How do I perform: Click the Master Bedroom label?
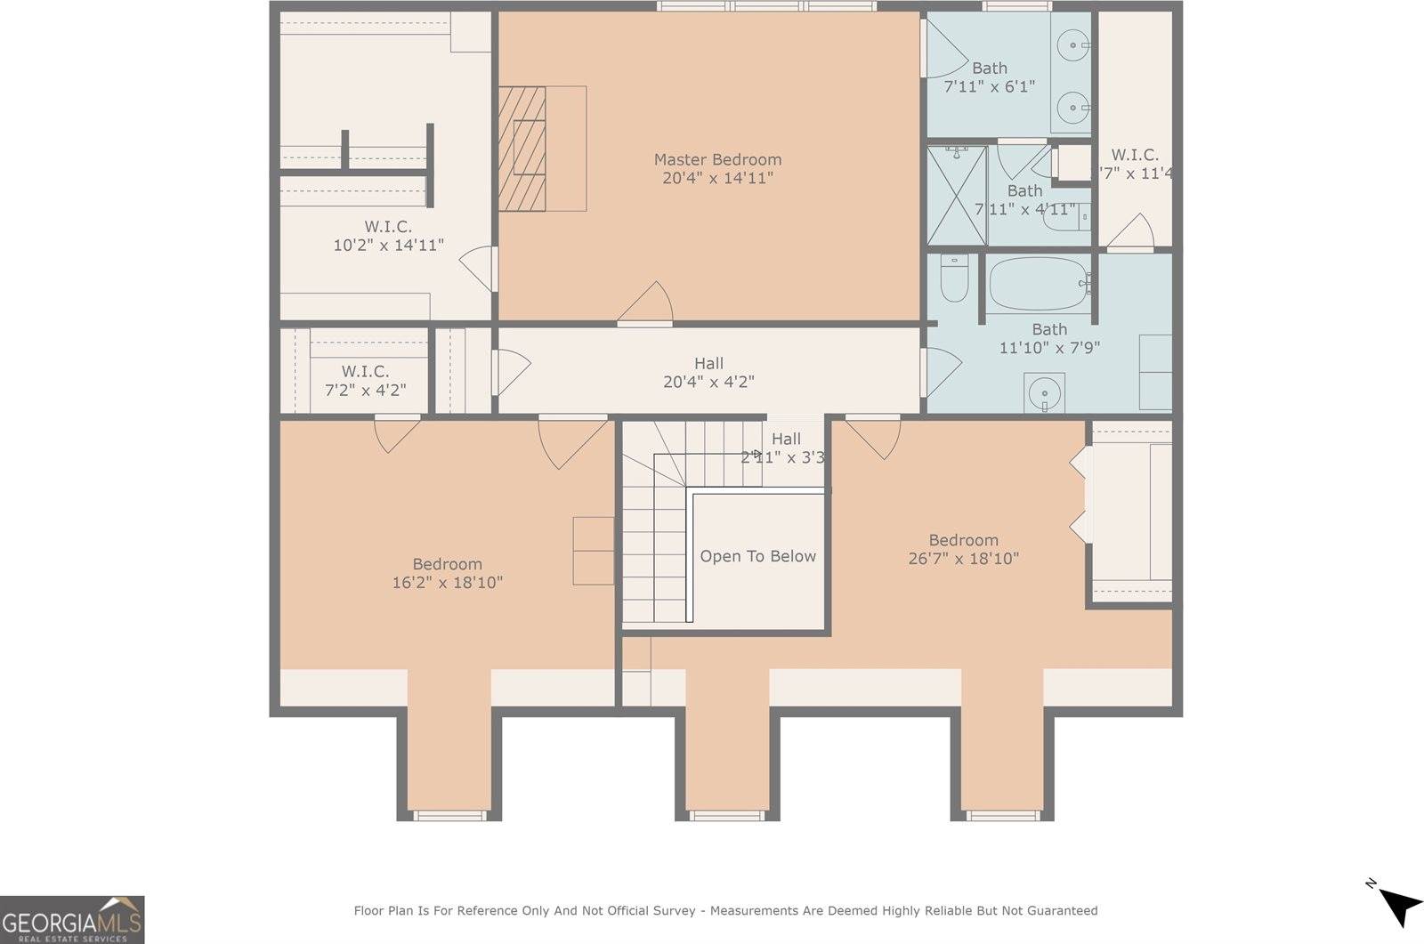coord(717,160)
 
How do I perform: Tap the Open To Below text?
coord(757,556)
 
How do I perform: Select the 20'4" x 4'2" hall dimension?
coord(708,382)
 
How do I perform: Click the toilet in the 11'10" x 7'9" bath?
coord(953,277)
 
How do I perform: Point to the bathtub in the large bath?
coord(1037,284)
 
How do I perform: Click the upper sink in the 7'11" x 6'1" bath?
coord(1073,43)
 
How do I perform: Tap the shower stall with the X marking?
coord(957,195)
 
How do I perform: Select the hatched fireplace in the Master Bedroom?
coord(522,149)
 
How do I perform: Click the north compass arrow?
coord(1399,905)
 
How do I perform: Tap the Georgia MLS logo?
coord(71,919)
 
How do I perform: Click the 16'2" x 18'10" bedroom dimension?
coord(447,583)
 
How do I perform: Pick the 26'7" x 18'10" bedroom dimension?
coord(963,559)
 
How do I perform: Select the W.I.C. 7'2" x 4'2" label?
coord(365,380)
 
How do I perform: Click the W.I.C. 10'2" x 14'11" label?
coord(388,236)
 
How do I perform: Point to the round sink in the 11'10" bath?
coord(1043,392)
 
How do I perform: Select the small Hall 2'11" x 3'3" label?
coord(785,448)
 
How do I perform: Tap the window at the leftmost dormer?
coord(450,814)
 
